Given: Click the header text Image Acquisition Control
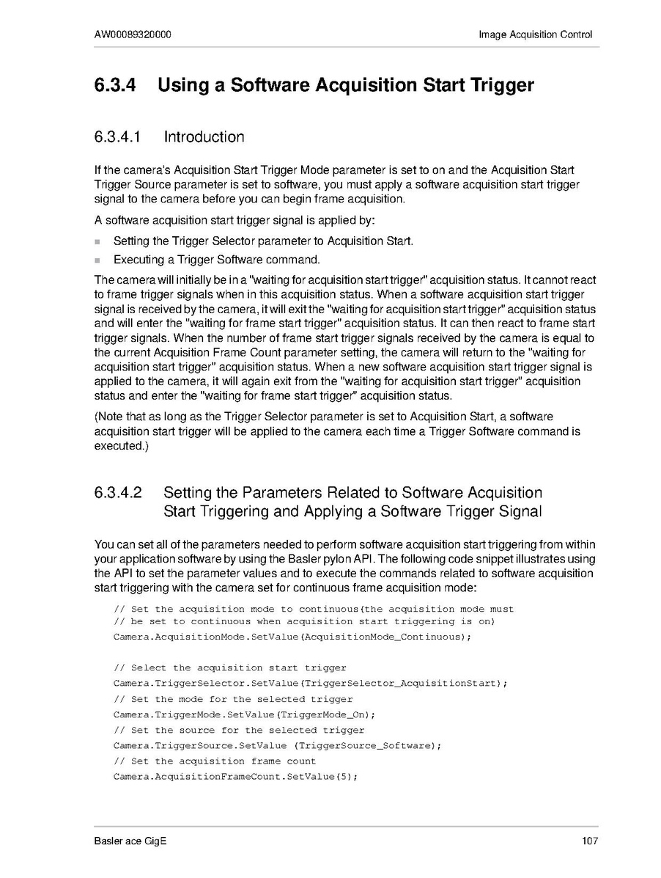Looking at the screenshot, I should (535, 34).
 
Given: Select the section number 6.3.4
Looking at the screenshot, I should (115, 85).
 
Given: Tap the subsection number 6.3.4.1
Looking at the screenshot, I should (117, 137).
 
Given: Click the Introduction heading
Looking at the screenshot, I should (204, 137).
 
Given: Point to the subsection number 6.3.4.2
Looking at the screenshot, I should (117, 493).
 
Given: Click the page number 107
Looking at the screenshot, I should (590, 841).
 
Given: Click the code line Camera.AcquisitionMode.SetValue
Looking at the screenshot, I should (292, 637).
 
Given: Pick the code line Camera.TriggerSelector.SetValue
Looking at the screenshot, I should (310, 683).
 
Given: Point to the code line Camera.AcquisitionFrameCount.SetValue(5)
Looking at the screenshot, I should (235, 777).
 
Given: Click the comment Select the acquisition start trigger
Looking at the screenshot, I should (229, 667).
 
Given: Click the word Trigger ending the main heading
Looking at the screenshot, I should (500, 85).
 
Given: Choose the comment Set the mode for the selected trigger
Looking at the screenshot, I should (232, 699).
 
